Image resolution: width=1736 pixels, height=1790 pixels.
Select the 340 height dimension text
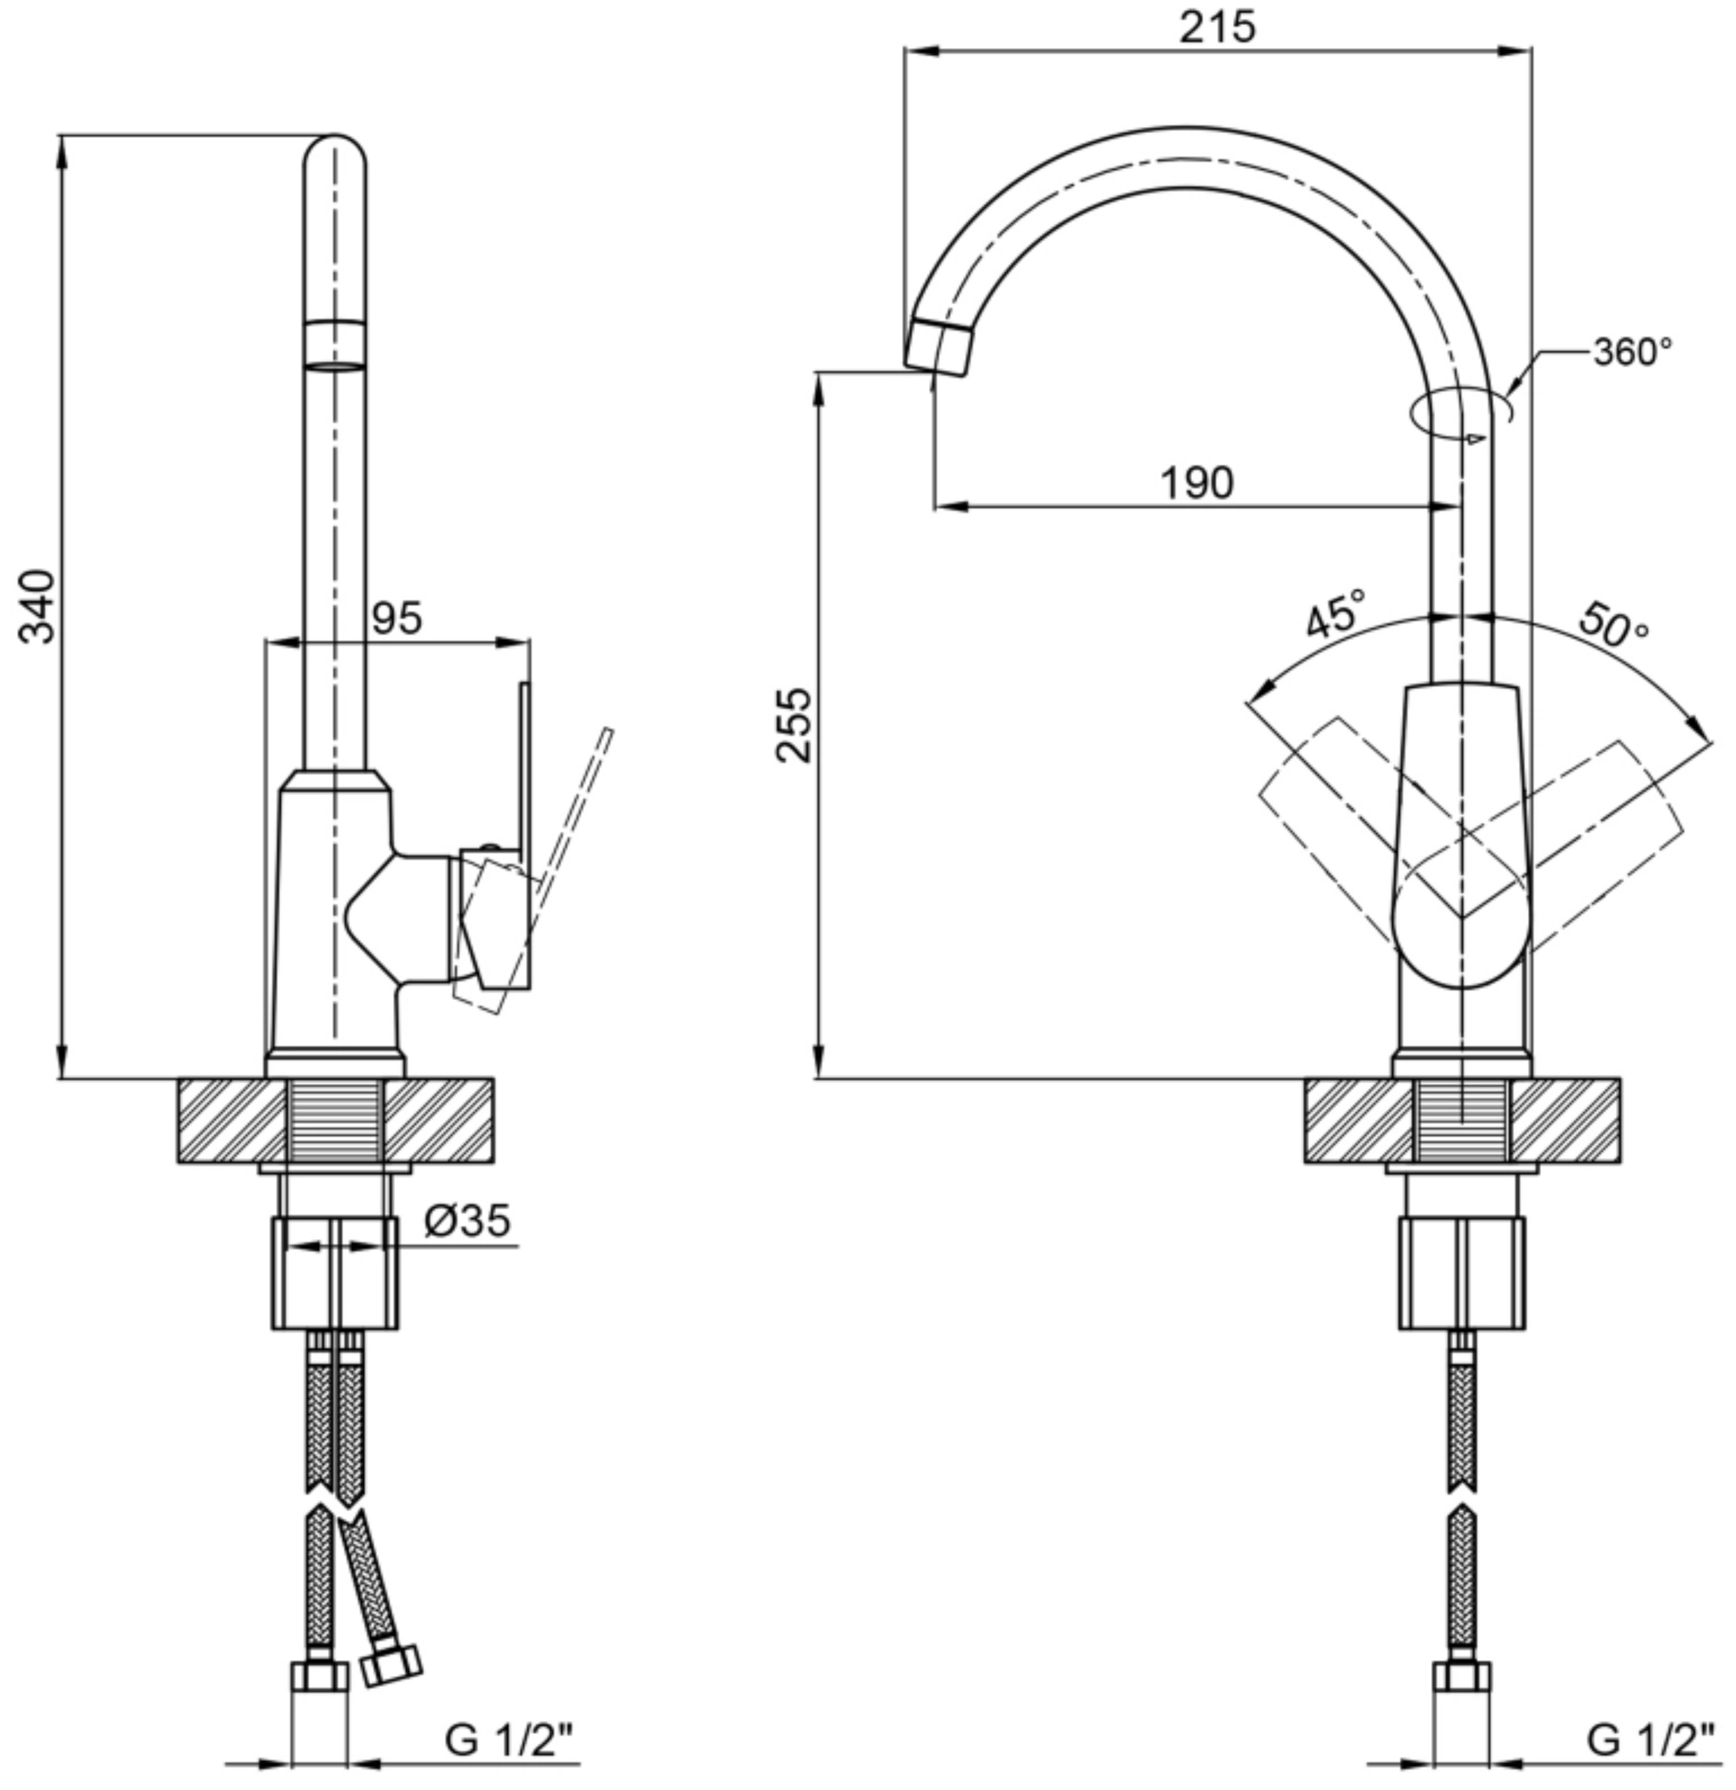(38, 606)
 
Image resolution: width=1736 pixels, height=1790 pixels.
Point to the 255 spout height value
(794, 725)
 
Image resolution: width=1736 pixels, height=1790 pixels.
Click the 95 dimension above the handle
(397, 618)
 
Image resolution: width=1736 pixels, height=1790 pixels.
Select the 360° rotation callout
(1633, 352)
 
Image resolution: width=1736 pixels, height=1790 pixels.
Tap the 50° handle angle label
(1614, 625)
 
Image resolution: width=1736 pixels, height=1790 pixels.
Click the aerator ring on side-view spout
(334, 344)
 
